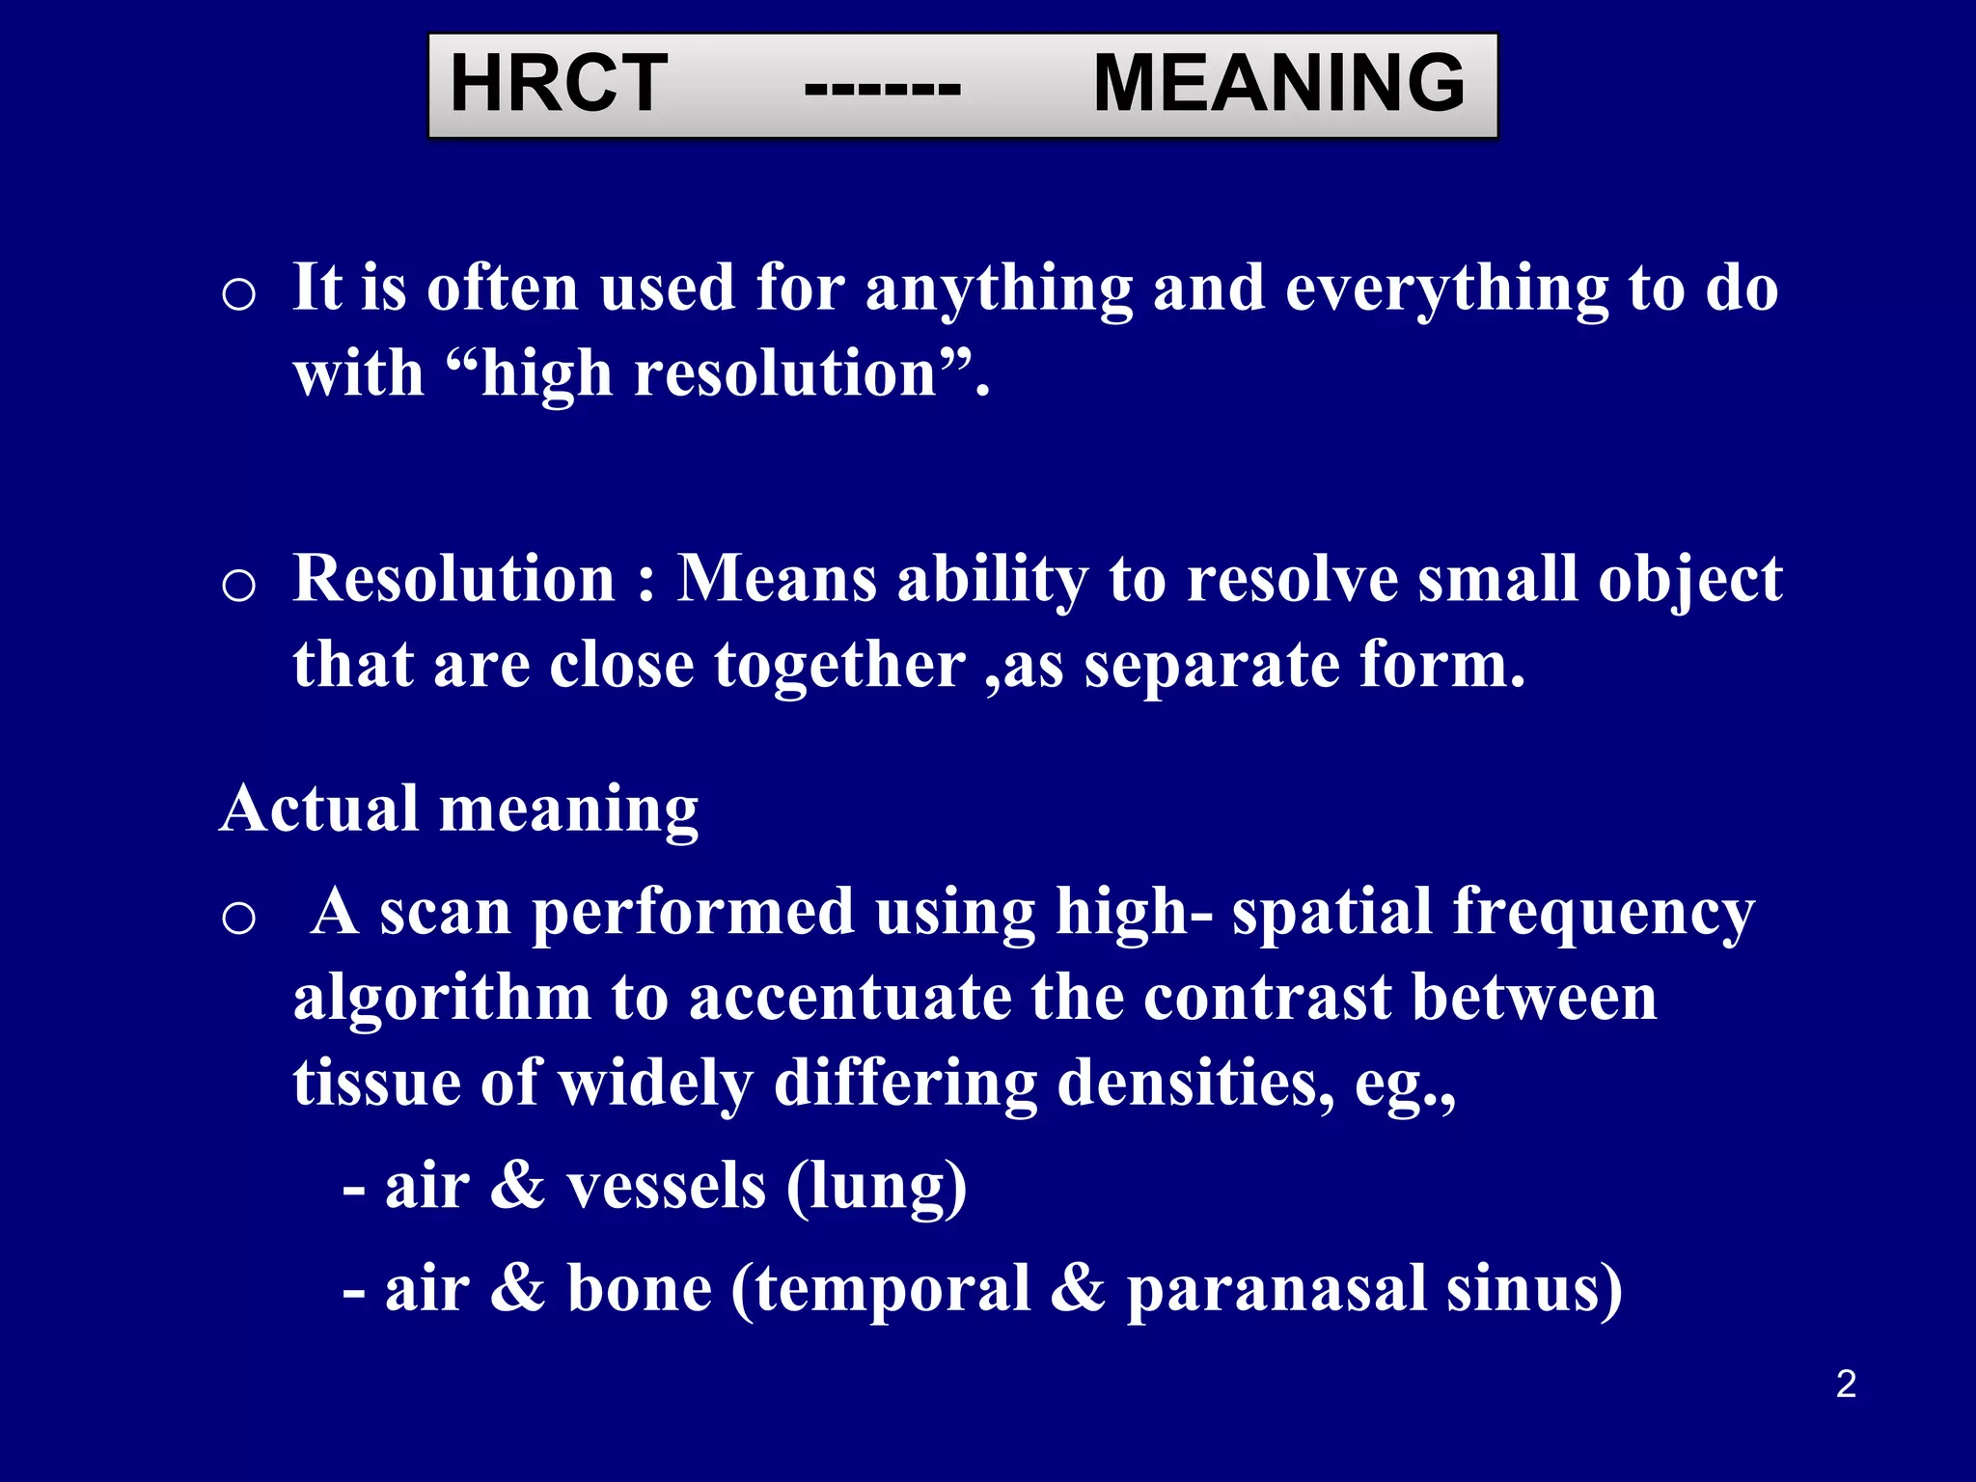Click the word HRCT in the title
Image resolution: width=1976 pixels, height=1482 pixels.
559,84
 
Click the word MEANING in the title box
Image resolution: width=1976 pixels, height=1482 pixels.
1278,84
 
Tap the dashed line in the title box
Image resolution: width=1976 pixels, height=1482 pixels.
882,89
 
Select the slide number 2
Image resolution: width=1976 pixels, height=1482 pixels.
1846,1384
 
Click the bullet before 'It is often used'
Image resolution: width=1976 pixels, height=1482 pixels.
238,293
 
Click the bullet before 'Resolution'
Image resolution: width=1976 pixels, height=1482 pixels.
238,585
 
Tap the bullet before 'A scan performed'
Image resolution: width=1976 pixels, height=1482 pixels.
238,918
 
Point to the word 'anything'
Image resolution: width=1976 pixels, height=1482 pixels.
998,289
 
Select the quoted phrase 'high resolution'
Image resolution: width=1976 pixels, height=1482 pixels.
710,374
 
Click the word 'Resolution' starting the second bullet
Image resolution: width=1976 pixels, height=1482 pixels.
453,579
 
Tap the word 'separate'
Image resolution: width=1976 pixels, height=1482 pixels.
1211,666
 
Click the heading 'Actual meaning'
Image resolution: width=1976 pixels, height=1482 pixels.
459,808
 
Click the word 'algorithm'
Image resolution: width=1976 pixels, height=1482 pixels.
442,998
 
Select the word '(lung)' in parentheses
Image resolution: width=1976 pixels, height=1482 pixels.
875,1187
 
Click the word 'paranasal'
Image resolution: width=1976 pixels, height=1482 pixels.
1276,1289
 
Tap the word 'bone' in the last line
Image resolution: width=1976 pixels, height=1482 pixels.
639,1289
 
